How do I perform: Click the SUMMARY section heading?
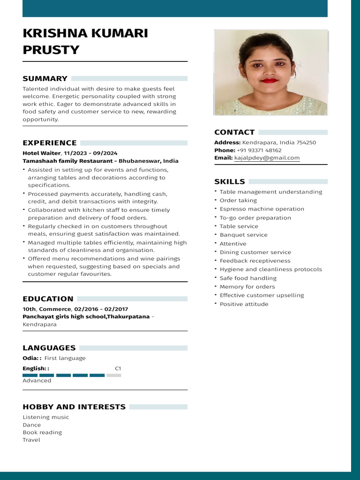coord(45,78)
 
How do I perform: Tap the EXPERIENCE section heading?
coord(50,142)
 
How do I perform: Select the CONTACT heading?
coord(234,132)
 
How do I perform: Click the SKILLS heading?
coord(230,181)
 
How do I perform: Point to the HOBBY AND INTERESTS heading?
coord(74,407)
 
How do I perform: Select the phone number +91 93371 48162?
coord(259,150)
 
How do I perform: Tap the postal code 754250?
coord(307,142)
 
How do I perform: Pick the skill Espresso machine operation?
coord(262,209)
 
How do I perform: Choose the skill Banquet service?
coord(244,235)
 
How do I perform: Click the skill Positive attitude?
coord(244,304)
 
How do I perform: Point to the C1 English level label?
coord(118,368)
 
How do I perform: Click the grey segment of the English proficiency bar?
coord(113,375)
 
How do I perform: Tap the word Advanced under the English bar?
coord(37,381)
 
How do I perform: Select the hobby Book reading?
coord(42,432)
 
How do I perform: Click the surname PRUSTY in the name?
coord(51,50)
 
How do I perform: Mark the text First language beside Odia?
coord(65,358)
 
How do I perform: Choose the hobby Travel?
coord(31,440)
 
